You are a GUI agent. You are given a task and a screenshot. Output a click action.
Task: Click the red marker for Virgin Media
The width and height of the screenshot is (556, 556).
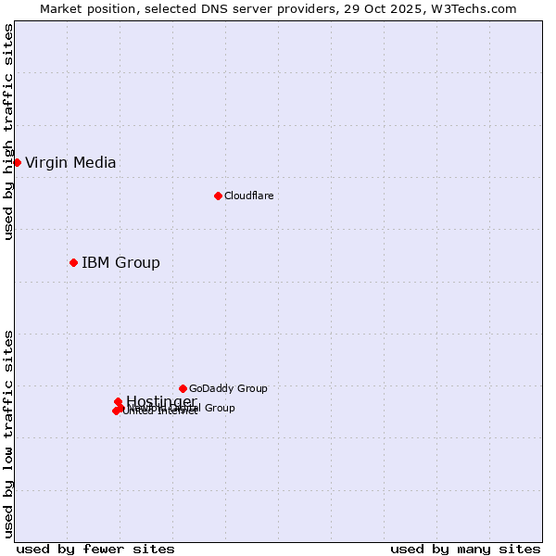17,162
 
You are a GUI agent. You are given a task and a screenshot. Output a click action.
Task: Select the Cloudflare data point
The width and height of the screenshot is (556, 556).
218,196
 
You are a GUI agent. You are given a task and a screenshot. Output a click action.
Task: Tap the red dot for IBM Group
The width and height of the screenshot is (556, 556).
73,262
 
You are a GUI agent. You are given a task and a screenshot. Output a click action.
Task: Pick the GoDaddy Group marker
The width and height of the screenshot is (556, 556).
183,388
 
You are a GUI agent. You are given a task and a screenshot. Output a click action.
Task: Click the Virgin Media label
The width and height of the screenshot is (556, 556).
70,163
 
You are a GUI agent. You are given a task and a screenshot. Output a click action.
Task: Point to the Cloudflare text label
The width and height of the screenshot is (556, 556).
248,196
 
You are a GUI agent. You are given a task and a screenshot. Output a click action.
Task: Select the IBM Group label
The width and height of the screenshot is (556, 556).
120,263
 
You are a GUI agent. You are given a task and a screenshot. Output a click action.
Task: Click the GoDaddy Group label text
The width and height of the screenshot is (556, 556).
228,388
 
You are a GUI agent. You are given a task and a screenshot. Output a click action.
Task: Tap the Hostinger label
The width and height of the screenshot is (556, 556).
161,401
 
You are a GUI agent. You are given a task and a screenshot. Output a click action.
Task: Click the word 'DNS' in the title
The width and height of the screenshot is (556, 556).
213,8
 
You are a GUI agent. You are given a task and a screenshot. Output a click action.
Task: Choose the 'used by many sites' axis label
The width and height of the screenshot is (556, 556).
465,550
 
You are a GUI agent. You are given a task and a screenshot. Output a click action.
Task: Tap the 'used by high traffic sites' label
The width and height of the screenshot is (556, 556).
8,132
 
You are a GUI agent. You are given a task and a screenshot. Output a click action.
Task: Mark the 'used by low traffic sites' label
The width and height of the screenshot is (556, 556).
8,433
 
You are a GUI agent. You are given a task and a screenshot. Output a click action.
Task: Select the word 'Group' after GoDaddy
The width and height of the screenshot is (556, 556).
250,388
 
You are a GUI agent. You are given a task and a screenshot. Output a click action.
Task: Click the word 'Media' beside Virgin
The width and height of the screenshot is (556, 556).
95,163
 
